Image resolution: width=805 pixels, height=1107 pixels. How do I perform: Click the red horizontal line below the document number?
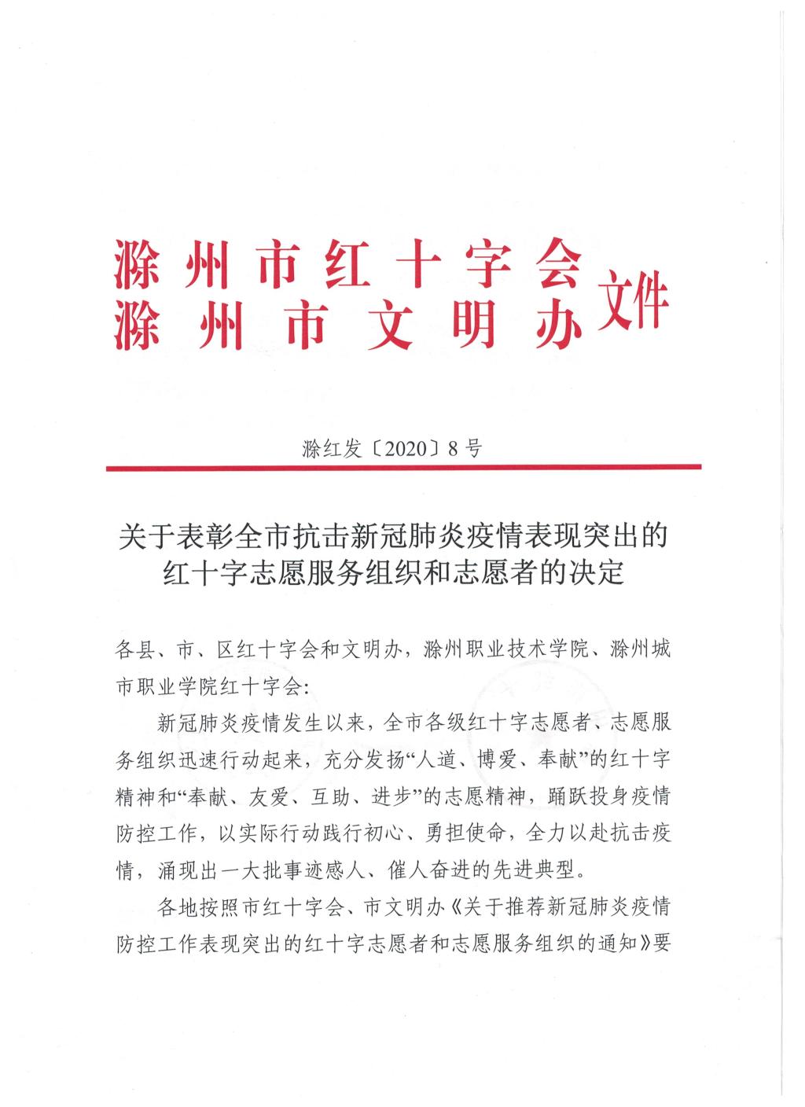pos(402,468)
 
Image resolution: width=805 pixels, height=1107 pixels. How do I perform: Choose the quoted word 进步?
pos(398,796)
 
